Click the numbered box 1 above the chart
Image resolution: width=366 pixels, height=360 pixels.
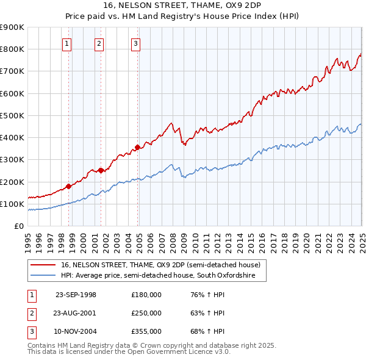click(x=66, y=43)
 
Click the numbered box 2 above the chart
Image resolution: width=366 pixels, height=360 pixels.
click(x=99, y=43)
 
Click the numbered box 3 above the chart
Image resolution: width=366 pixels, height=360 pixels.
click(x=135, y=43)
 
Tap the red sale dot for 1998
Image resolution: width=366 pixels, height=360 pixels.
click(x=69, y=186)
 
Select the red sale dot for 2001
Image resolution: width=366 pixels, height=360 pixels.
click(x=101, y=171)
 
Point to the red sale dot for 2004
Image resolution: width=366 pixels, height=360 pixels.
click(x=138, y=147)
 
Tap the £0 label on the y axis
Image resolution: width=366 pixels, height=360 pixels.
click(x=19, y=226)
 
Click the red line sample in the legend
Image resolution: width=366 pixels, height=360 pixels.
click(x=43, y=265)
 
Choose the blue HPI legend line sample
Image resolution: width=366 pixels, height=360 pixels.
click(x=43, y=276)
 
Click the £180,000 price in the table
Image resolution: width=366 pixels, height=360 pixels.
click(x=146, y=295)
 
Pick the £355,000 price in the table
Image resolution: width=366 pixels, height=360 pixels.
click(x=146, y=331)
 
